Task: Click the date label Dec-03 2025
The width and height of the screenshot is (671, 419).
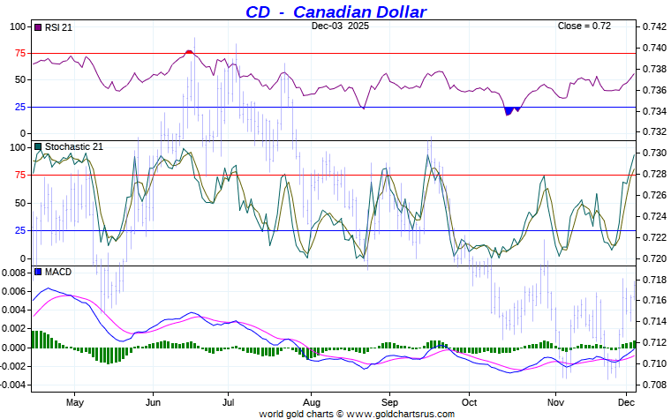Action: point(340,26)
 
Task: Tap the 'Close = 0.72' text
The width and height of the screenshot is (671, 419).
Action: point(584,26)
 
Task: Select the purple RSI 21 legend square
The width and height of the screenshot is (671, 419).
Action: point(37,27)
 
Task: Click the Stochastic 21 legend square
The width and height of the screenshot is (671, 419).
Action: point(37,146)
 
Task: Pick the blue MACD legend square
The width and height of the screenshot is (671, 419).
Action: point(37,272)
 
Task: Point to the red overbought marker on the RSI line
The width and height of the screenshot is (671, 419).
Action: point(189,52)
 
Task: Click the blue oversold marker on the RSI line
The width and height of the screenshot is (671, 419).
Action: point(511,110)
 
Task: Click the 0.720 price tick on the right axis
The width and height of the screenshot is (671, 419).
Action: point(654,258)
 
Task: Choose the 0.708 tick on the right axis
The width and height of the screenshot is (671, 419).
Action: point(654,385)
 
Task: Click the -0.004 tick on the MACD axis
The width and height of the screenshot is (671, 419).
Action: point(13,385)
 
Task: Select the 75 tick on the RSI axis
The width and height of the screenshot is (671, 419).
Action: point(19,53)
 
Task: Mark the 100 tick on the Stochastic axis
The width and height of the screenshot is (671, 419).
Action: point(17,147)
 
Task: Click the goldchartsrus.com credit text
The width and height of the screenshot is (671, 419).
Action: point(357,413)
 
